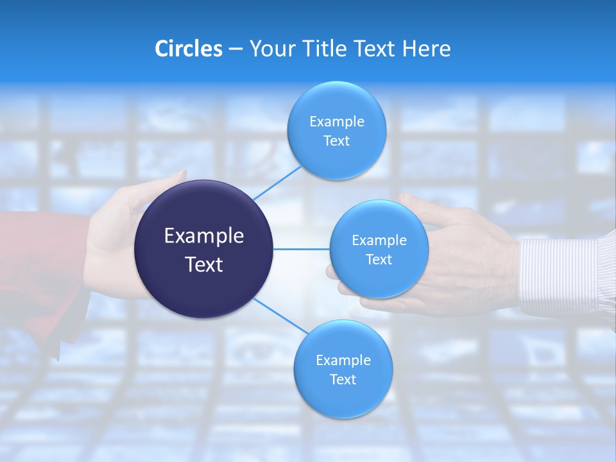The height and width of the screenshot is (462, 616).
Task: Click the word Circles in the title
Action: [x=188, y=49]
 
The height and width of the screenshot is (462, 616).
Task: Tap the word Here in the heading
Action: [x=426, y=49]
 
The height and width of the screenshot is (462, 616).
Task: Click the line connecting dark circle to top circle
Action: [x=277, y=183]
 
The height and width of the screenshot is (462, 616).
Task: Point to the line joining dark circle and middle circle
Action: [x=301, y=249]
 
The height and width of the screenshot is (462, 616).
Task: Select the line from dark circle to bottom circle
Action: [x=280, y=316]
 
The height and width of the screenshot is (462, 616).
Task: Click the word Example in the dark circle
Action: [x=204, y=236]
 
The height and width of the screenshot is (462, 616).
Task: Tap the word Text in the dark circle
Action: [x=204, y=264]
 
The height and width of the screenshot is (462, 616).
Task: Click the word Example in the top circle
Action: [x=337, y=122]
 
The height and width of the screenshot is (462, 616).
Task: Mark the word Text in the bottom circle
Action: [x=343, y=380]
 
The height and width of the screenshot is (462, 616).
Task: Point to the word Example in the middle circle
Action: [x=379, y=241]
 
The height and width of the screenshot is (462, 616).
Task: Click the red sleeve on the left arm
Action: [x=38, y=269]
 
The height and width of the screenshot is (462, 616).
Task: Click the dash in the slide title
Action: [x=235, y=49]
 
